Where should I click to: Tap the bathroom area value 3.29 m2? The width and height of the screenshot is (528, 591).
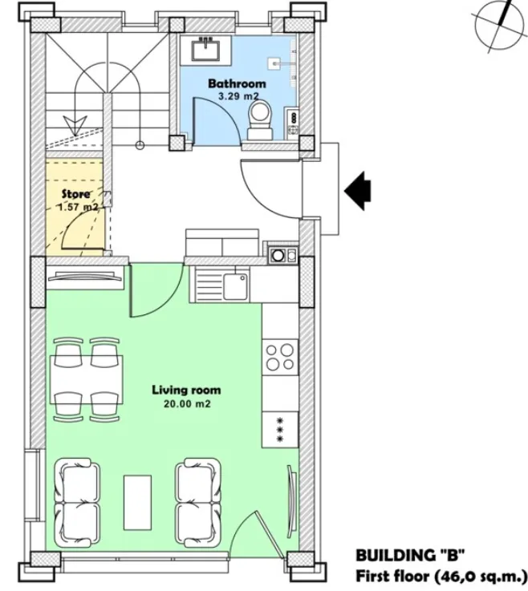pyautogui.click(x=238, y=96)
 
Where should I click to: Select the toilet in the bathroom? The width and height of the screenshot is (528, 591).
pyautogui.click(x=260, y=119)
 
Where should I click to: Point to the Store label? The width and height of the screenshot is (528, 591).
pyautogui.click(x=76, y=194)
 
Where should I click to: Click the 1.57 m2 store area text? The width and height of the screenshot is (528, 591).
pyautogui.click(x=77, y=207)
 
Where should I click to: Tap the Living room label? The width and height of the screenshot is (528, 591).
pyautogui.click(x=186, y=391)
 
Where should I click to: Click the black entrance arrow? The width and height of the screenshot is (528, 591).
pyautogui.click(x=358, y=190)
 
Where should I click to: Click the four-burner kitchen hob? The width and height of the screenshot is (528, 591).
pyautogui.click(x=281, y=356)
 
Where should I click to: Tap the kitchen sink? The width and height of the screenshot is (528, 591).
pyautogui.click(x=235, y=284)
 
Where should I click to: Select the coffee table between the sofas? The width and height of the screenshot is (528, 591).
pyautogui.click(x=137, y=501)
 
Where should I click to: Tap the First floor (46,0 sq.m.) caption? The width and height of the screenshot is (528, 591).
pyautogui.click(x=440, y=575)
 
